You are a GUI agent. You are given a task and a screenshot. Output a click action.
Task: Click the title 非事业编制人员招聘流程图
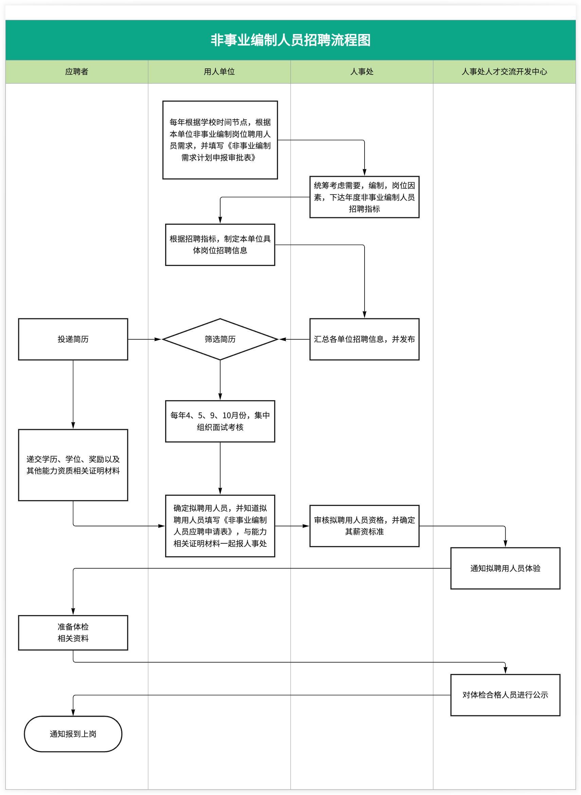(290, 40)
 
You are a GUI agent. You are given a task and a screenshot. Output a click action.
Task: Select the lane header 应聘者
(77, 72)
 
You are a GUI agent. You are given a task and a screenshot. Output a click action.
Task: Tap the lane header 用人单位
(219, 72)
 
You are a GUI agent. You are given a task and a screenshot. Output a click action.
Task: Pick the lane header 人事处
(362, 72)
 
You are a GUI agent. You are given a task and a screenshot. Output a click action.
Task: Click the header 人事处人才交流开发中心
(504, 72)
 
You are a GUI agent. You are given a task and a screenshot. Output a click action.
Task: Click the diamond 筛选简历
(220, 339)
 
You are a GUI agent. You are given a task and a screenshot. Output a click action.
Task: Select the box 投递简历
(73, 339)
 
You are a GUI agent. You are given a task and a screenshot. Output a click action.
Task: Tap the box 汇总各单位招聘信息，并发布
(364, 339)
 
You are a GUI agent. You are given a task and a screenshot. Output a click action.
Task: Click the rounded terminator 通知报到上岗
(73, 734)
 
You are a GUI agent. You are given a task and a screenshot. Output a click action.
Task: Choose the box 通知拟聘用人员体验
(505, 568)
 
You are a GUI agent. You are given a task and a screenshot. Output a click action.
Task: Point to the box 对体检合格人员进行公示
(505, 695)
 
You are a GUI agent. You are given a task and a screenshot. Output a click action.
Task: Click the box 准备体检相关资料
(73, 632)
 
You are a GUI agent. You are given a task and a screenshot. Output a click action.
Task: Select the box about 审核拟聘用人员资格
(364, 526)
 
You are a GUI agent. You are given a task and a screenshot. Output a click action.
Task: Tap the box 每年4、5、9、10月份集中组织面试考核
(220, 421)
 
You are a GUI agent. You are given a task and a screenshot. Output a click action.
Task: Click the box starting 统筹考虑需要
(364, 197)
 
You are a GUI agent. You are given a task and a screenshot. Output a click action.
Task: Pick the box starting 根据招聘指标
(220, 244)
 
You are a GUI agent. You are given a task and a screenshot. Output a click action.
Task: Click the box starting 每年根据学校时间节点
(220, 140)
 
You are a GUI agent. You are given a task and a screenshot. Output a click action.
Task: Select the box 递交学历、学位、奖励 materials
(73, 464)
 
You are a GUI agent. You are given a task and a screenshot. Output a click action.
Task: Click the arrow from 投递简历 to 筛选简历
(144, 339)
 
